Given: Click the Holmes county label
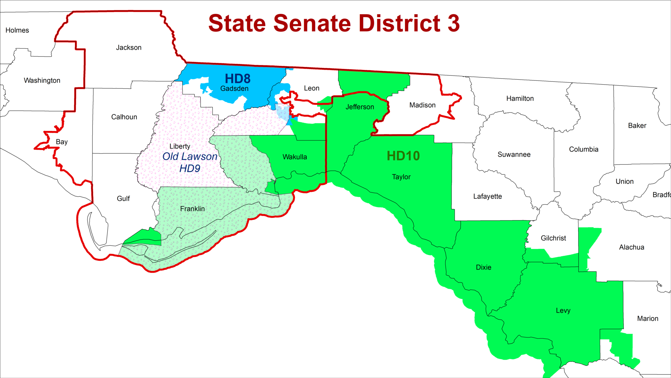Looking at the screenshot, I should point(17,30).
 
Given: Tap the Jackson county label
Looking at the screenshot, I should point(129,48).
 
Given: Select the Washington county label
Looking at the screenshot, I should point(42,80).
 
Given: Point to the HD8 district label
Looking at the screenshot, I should point(238,78).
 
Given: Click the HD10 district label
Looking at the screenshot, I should point(403,156).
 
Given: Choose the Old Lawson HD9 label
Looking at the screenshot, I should point(190,162).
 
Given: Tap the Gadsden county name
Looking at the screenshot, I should point(234,89).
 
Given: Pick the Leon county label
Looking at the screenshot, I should point(312,88).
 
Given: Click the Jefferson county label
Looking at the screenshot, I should point(360,107).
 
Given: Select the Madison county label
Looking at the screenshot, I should point(422,105).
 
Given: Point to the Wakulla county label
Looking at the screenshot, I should point(295,157).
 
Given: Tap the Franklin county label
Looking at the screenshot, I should point(192,209).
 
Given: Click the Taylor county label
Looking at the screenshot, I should point(401,177).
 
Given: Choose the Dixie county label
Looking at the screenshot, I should point(484,267).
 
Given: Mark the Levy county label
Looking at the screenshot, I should point(563,310).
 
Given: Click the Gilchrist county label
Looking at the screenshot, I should point(553,238).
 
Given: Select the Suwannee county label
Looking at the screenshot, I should point(514,155).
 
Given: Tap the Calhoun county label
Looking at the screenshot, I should point(124,117).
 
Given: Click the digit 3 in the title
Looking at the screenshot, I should point(454,23).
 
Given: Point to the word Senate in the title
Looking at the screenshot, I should point(312,23).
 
